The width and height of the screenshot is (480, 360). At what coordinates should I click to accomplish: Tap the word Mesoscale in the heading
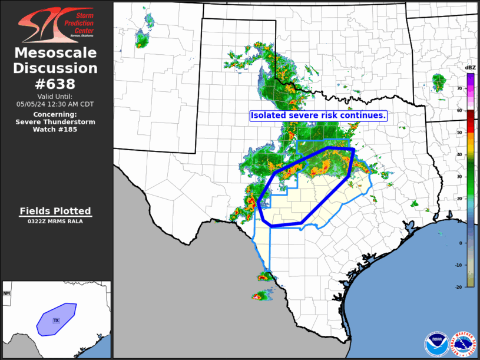click(x=55, y=53)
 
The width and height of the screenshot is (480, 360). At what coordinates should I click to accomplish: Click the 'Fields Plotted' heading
click(x=55, y=211)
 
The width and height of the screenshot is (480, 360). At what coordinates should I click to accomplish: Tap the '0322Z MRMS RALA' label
click(x=55, y=222)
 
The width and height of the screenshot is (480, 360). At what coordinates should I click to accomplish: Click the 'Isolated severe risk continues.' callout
click(x=318, y=115)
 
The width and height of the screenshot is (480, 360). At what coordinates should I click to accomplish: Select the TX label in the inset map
click(x=57, y=321)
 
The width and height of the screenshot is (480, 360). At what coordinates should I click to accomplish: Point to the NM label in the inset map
click(x=7, y=293)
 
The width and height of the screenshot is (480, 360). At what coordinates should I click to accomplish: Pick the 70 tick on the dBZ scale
click(x=459, y=88)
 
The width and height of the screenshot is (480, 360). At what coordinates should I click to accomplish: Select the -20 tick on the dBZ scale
click(x=459, y=286)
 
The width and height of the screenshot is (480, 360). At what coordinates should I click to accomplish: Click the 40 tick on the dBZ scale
click(x=459, y=154)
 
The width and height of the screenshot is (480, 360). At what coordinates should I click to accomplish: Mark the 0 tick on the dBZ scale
click(x=461, y=243)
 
